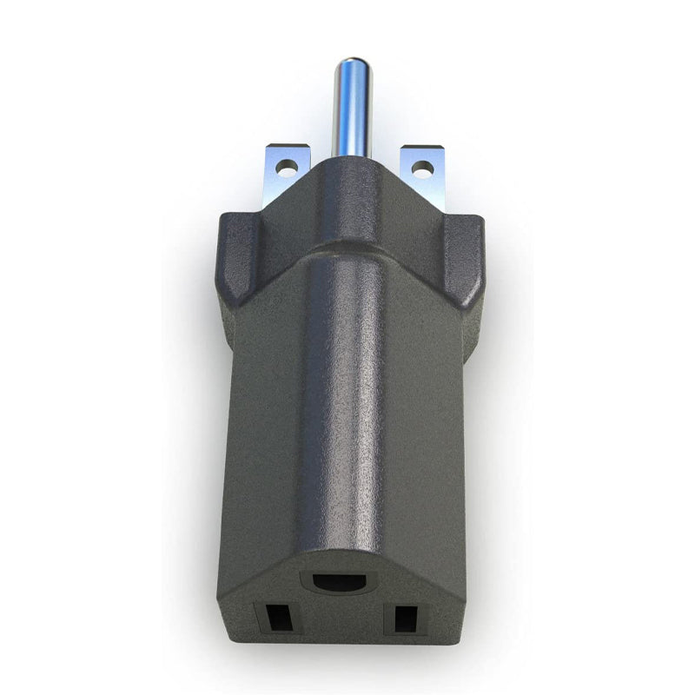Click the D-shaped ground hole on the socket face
pyautogui.click(x=342, y=581)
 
